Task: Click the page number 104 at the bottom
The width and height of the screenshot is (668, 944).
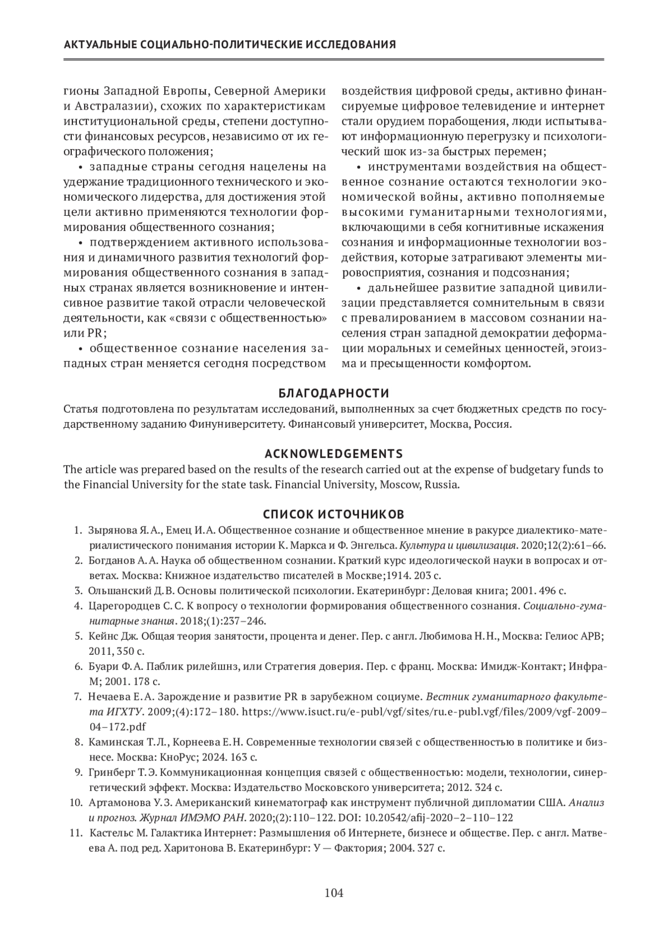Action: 334,893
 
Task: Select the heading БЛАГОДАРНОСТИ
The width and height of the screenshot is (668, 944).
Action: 333,394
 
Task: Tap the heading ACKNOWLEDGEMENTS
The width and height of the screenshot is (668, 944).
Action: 333,453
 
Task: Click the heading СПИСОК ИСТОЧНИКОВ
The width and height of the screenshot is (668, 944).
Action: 333,513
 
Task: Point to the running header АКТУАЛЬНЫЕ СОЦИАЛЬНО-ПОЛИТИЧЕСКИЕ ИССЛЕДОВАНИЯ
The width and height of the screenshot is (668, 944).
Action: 230,45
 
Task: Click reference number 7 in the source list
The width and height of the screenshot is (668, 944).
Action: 77,696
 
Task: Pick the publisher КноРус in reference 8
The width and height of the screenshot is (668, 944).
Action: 179,757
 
